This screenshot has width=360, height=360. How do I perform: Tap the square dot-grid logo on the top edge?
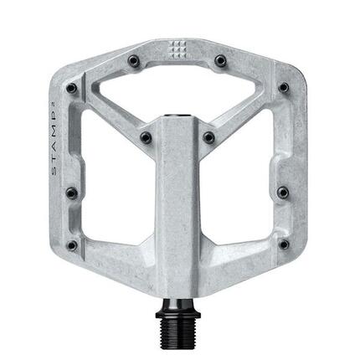point(180,47)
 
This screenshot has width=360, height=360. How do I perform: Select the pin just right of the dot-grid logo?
point(220,60)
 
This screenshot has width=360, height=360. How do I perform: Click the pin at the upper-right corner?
point(284,86)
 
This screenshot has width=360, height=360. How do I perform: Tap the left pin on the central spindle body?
point(146,136)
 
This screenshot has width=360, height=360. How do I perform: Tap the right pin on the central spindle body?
point(209,136)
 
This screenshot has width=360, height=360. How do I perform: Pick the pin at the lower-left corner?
point(72,244)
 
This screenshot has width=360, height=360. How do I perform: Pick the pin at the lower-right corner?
point(283,244)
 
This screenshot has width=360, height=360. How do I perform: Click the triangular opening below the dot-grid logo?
point(178,88)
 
